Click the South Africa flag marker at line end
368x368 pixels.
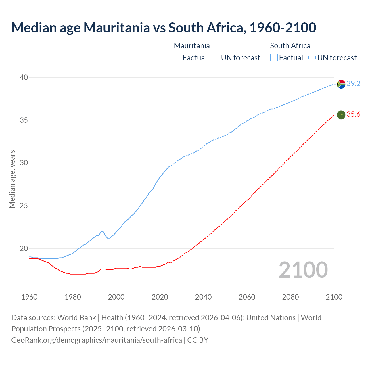tap(341, 84)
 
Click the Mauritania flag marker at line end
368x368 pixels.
tap(341, 115)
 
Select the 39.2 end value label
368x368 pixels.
tap(353, 84)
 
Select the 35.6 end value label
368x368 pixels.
tap(353, 114)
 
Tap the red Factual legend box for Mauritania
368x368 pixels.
tap(177, 58)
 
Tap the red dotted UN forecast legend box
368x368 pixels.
tap(216, 58)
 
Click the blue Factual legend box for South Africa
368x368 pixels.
tap(274, 58)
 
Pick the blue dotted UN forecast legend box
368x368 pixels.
tap(312, 58)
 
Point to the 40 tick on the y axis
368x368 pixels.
tap(24, 77)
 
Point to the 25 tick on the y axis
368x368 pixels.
tap(24, 206)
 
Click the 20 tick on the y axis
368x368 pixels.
tap(24, 249)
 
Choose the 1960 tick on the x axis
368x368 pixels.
tap(29, 297)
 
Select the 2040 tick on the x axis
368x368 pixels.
tap(203, 297)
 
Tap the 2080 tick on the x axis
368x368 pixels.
tap(290, 297)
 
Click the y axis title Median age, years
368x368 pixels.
tap(12, 179)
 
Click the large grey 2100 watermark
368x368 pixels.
tap(303, 270)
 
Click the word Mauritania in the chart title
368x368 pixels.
tap(117, 28)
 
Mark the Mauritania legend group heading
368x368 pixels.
tap(192, 46)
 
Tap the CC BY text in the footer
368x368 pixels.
tap(198, 340)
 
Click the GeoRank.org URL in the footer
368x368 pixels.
tap(96, 340)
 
